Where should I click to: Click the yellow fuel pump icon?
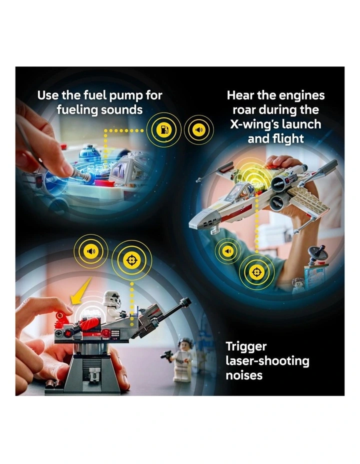pos(164,130)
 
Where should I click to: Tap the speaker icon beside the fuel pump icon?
pos(199,130)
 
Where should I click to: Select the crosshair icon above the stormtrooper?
pos(131,260)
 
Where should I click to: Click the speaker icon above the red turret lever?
pos(91,251)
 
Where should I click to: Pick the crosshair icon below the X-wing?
pos(256,271)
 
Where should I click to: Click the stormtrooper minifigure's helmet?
pos(112,298)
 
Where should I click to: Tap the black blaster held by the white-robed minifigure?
pos(166,355)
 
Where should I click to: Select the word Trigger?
pos(246,347)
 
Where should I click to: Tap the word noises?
pos(244,375)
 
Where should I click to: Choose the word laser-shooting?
pos(267,361)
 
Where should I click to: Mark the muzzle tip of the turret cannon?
pos(186,301)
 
